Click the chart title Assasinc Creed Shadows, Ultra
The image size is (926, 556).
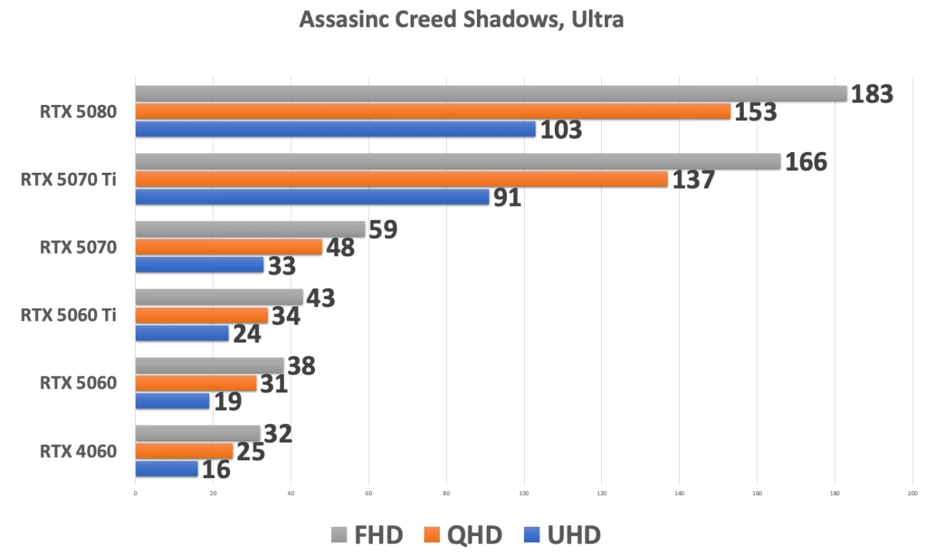461,21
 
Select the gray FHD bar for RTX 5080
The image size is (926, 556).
491,94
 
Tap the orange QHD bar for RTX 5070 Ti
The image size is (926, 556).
401,179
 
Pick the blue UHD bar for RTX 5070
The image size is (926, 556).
199,265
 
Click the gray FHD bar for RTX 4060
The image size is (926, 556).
198,433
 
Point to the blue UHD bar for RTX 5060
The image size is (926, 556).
172,401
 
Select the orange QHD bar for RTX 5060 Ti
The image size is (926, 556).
201,315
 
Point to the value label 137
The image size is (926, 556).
693,180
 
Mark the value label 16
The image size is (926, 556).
217,470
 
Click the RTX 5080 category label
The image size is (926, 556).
79,112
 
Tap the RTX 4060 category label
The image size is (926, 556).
79,451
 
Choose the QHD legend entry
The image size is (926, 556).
463,534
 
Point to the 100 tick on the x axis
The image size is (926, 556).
524,493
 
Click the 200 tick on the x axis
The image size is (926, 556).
912,493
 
